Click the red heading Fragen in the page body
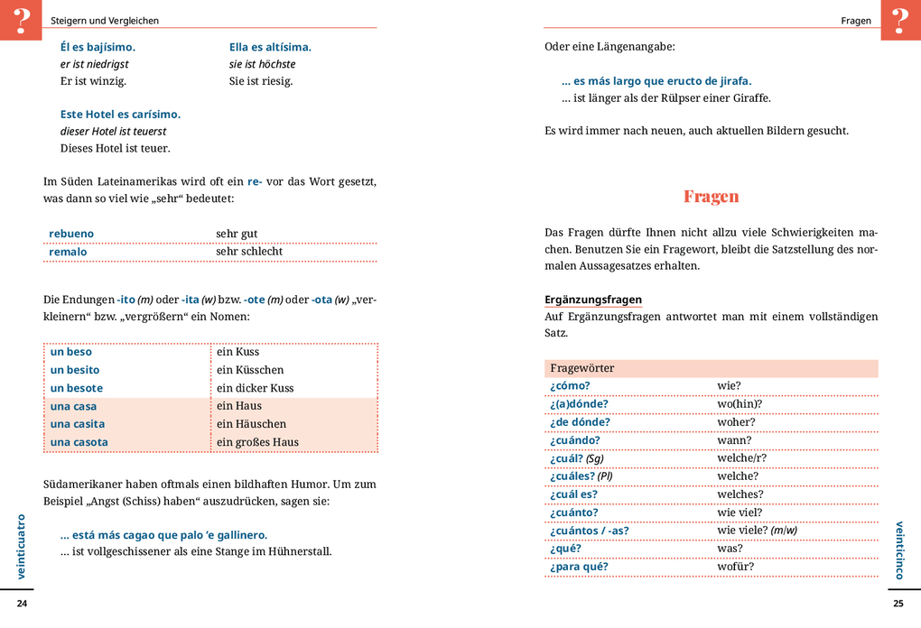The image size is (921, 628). [711, 196]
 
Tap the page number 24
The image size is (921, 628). [23, 604]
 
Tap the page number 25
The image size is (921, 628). [898, 604]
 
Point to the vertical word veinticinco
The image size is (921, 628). [899, 549]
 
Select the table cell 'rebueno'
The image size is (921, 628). [71, 234]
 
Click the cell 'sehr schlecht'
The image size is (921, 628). [249, 252]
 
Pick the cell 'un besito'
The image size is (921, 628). [75, 370]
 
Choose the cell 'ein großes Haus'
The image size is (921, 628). [257, 442]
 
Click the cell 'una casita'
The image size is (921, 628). [78, 424]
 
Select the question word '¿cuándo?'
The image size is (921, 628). [574, 440]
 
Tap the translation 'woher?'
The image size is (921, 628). [736, 422]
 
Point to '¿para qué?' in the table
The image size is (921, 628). [579, 567]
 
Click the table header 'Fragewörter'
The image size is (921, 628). [581, 368]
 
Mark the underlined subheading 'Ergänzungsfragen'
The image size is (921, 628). [593, 300]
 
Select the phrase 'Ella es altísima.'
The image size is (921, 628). [270, 47]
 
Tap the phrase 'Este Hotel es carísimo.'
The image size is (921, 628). [120, 115]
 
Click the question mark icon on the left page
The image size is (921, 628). [21, 19]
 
